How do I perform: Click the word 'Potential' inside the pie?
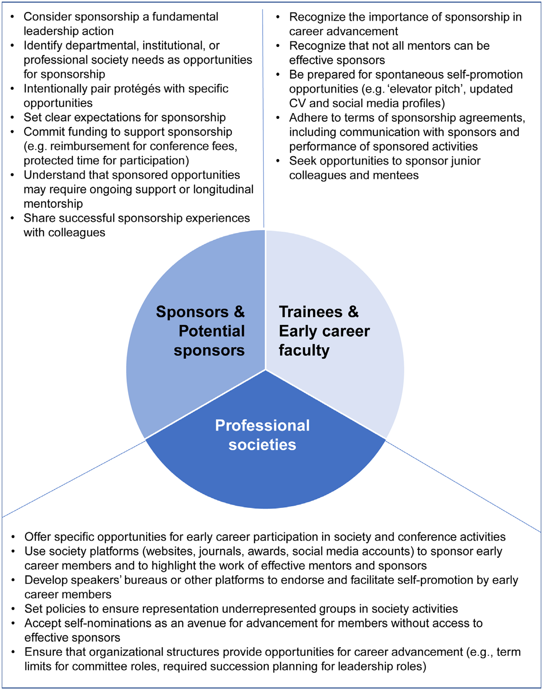pyautogui.click(x=211, y=331)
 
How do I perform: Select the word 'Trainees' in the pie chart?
pyautogui.click(x=310, y=312)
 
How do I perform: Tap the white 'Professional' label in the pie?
pyautogui.click(x=262, y=425)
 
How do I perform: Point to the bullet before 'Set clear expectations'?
pyautogui.click(x=13, y=118)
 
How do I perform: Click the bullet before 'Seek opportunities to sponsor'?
pyautogui.click(x=278, y=161)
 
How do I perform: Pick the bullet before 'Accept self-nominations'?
pyautogui.click(x=13, y=623)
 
